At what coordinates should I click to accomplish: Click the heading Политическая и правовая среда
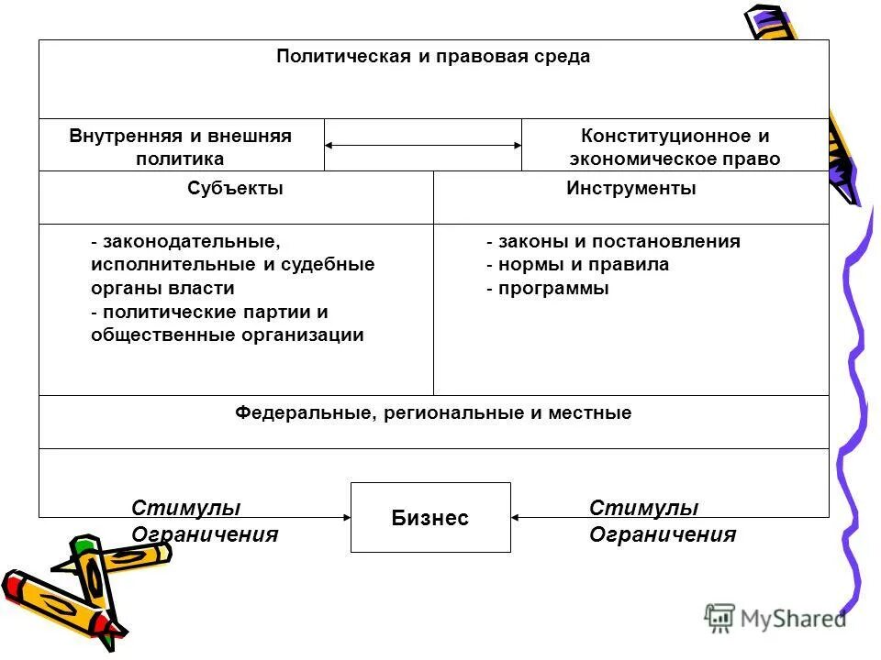pyautogui.click(x=433, y=57)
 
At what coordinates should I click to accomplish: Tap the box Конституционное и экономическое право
pyautogui.click(x=675, y=147)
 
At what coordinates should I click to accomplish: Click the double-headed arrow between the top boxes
pyautogui.click(x=423, y=145)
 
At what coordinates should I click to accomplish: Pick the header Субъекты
pyautogui.click(x=235, y=189)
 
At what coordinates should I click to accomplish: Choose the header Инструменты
pyautogui.click(x=630, y=189)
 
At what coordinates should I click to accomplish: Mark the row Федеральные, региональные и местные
pyautogui.click(x=433, y=412)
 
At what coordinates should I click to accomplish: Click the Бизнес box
pyautogui.click(x=430, y=518)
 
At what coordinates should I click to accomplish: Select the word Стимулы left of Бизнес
pyautogui.click(x=186, y=508)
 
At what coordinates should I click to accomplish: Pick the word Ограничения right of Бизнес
pyautogui.click(x=662, y=534)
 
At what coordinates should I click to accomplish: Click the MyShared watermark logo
pyautogui.click(x=775, y=618)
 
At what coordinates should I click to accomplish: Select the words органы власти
pyautogui.click(x=162, y=289)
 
